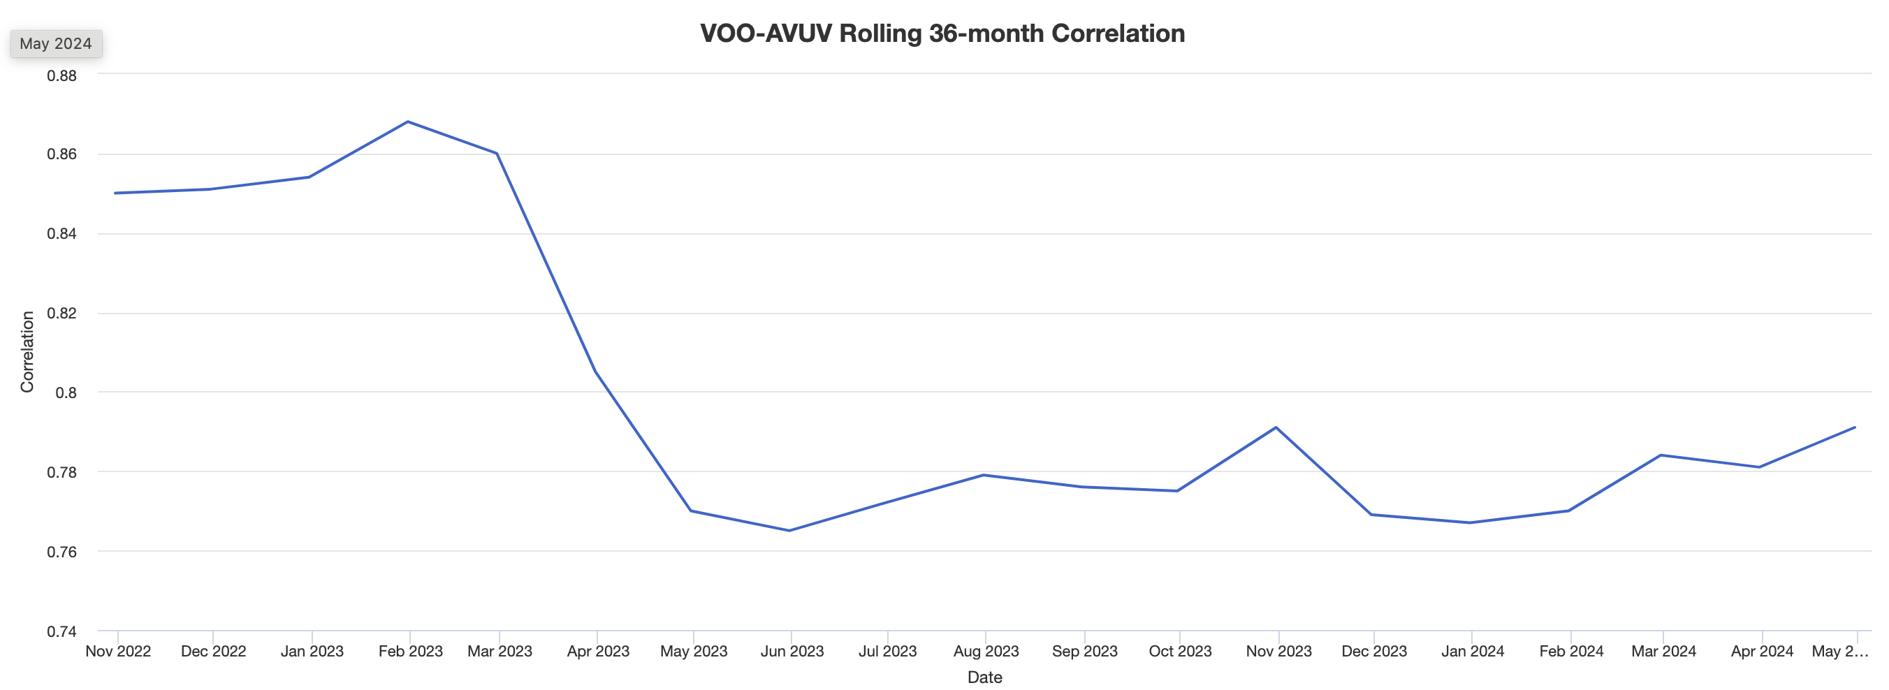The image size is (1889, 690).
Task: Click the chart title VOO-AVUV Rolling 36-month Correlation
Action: (942, 34)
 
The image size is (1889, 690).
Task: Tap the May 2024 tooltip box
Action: (56, 44)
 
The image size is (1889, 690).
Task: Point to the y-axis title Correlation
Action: (27, 352)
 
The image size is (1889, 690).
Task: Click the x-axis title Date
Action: (984, 677)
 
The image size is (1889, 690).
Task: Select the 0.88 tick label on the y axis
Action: (61, 75)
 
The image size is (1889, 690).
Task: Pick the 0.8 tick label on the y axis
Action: (66, 393)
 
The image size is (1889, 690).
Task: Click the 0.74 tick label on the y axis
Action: (61, 631)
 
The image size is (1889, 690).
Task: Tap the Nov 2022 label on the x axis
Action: (118, 651)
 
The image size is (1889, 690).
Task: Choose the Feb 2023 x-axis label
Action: (410, 651)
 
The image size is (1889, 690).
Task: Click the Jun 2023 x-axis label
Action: (792, 651)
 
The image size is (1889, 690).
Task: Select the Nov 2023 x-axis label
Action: (1278, 651)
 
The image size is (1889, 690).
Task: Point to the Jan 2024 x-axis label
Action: (1473, 651)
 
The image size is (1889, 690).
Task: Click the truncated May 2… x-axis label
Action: (1839, 651)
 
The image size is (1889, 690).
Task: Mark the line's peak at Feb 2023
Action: (408, 122)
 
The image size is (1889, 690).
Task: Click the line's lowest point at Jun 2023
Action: (789, 530)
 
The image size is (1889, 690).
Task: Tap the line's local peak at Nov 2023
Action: (1276, 427)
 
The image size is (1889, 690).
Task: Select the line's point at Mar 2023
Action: (497, 153)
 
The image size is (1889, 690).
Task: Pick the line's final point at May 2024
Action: (1855, 427)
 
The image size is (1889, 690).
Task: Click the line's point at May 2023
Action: (692, 511)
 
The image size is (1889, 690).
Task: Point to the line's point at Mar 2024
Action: (1661, 455)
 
